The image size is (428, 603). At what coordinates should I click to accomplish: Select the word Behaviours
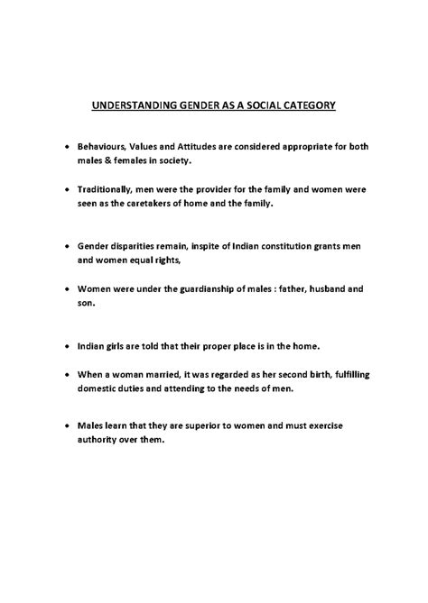click(103, 146)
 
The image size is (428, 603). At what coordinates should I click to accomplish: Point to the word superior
click(209, 425)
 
